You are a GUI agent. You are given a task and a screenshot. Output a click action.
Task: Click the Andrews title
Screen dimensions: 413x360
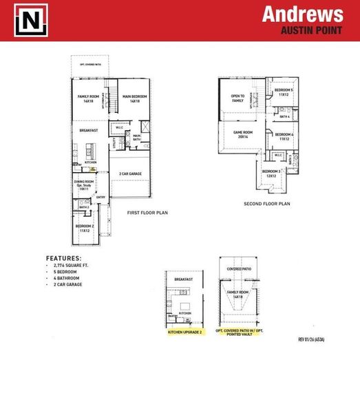coord(302,15)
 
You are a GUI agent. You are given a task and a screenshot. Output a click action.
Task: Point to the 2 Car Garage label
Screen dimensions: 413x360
coord(130,173)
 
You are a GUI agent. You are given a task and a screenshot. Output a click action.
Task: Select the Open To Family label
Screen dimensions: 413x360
coord(237,98)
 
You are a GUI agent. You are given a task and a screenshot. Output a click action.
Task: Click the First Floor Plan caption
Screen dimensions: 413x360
coord(147,213)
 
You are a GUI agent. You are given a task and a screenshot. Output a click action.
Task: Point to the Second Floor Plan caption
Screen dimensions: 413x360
coord(267,204)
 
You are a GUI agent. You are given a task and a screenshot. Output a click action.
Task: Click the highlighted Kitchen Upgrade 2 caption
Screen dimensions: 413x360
coord(184,332)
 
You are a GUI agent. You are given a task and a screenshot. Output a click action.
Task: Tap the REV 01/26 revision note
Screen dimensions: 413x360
coord(312,339)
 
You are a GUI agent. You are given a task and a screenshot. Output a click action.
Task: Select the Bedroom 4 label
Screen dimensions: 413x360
coord(286,136)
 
